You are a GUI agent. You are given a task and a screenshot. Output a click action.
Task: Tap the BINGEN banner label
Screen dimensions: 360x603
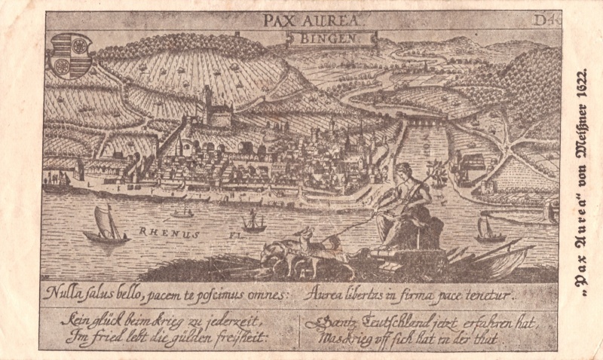tap(332, 38)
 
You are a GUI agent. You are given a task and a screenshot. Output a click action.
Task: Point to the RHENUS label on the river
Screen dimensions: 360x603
tap(170, 234)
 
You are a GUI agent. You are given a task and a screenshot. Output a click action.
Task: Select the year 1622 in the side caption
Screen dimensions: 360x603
tap(580, 93)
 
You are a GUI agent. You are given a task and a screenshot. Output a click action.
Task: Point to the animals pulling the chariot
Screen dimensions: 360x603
tap(301, 249)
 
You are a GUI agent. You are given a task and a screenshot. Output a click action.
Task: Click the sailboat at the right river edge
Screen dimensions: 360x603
tap(489, 228)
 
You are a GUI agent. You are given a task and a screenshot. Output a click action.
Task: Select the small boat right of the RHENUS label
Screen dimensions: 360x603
tap(253, 221)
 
